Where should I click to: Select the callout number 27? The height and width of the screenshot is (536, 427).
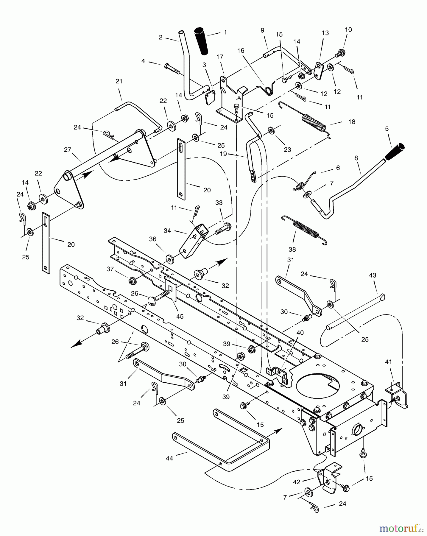68,149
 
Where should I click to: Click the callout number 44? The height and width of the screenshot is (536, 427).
169,459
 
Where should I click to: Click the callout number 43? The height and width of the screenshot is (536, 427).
373,275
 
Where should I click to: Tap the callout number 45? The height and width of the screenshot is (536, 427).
180,316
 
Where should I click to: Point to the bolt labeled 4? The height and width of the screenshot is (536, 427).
172,68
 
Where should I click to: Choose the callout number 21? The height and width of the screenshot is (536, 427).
119,81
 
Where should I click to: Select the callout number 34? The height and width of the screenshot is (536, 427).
167,230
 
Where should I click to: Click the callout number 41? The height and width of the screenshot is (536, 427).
389,362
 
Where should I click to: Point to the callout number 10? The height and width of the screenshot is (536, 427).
348,29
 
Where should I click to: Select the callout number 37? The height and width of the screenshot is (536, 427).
110,269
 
